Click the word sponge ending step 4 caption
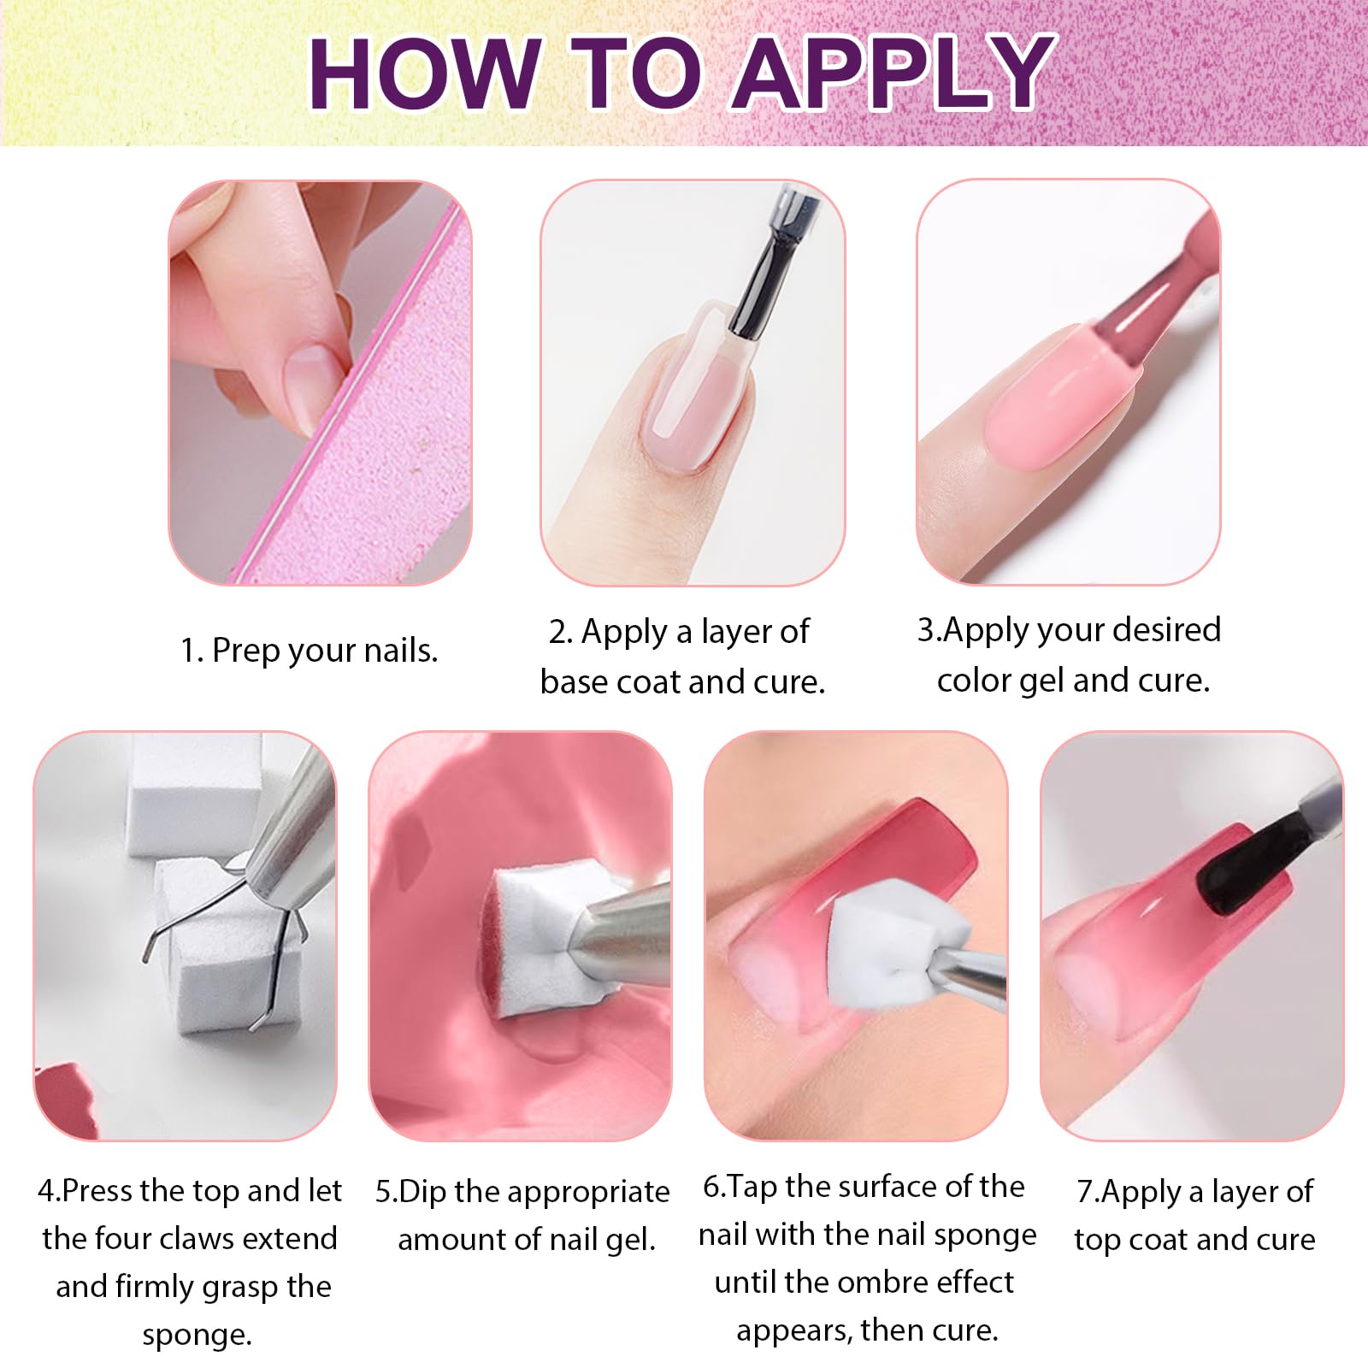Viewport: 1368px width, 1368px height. pos(198,1335)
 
